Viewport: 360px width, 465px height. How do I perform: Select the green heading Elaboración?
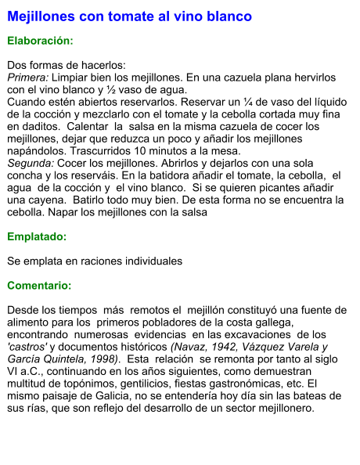click(x=40, y=40)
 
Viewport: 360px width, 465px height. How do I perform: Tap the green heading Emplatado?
click(x=37, y=236)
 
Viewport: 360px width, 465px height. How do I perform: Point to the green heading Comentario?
click(x=39, y=286)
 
